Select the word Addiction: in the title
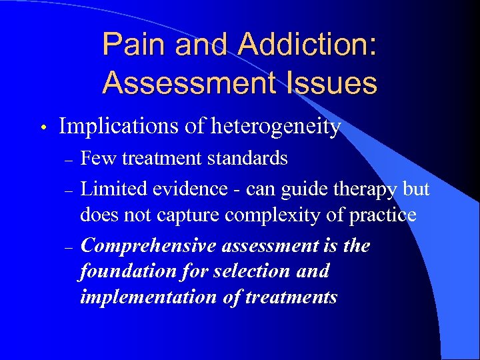pos(307,45)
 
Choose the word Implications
pos(115,126)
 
